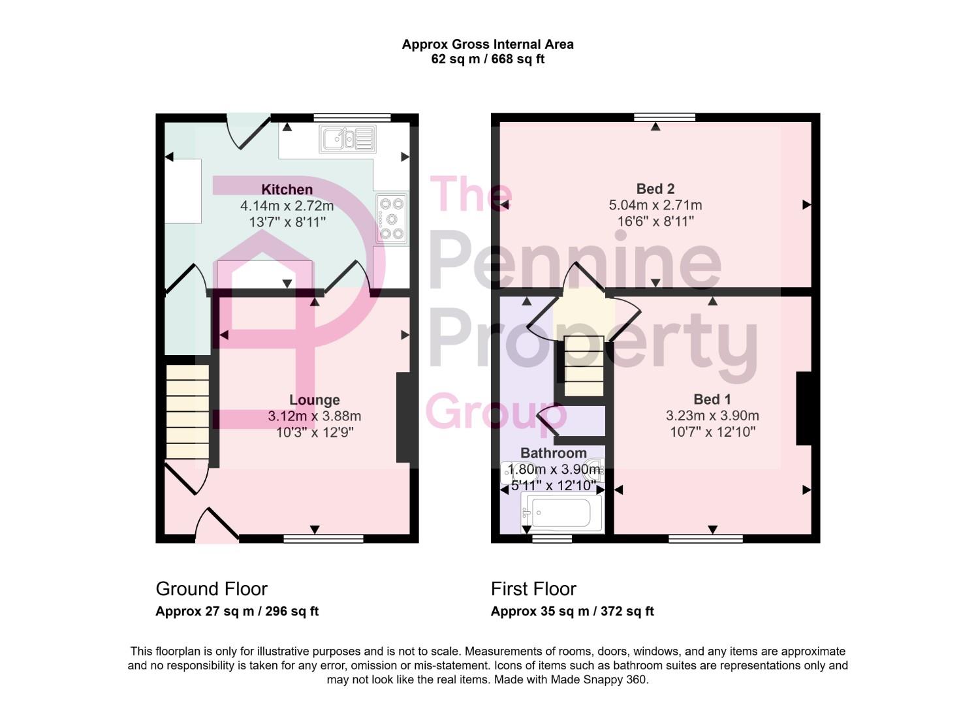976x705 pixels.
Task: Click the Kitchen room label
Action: (287, 189)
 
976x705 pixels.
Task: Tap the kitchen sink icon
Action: (347, 139)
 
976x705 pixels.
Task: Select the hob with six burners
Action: (392, 218)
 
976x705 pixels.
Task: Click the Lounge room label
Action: (315, 400)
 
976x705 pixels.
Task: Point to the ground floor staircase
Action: (187, 411)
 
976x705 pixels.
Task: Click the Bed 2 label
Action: (655, 189)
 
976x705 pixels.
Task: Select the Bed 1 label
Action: (712, 399)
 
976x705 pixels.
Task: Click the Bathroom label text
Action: (553, 453)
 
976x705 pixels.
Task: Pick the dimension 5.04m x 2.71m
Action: (655, 205)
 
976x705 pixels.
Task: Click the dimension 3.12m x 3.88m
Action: (314, 416)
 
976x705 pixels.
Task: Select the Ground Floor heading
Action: (212, 589)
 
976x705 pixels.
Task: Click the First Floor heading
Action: (533, 589)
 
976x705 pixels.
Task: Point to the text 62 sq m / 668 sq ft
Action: (488, 59)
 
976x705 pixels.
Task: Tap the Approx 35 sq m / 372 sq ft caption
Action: (572, 612)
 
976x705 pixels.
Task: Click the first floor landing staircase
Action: (584, 366)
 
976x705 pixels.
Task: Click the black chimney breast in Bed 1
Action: (803, 409)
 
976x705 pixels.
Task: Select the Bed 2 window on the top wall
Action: (665, 117)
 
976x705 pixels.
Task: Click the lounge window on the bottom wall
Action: (323, 539)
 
